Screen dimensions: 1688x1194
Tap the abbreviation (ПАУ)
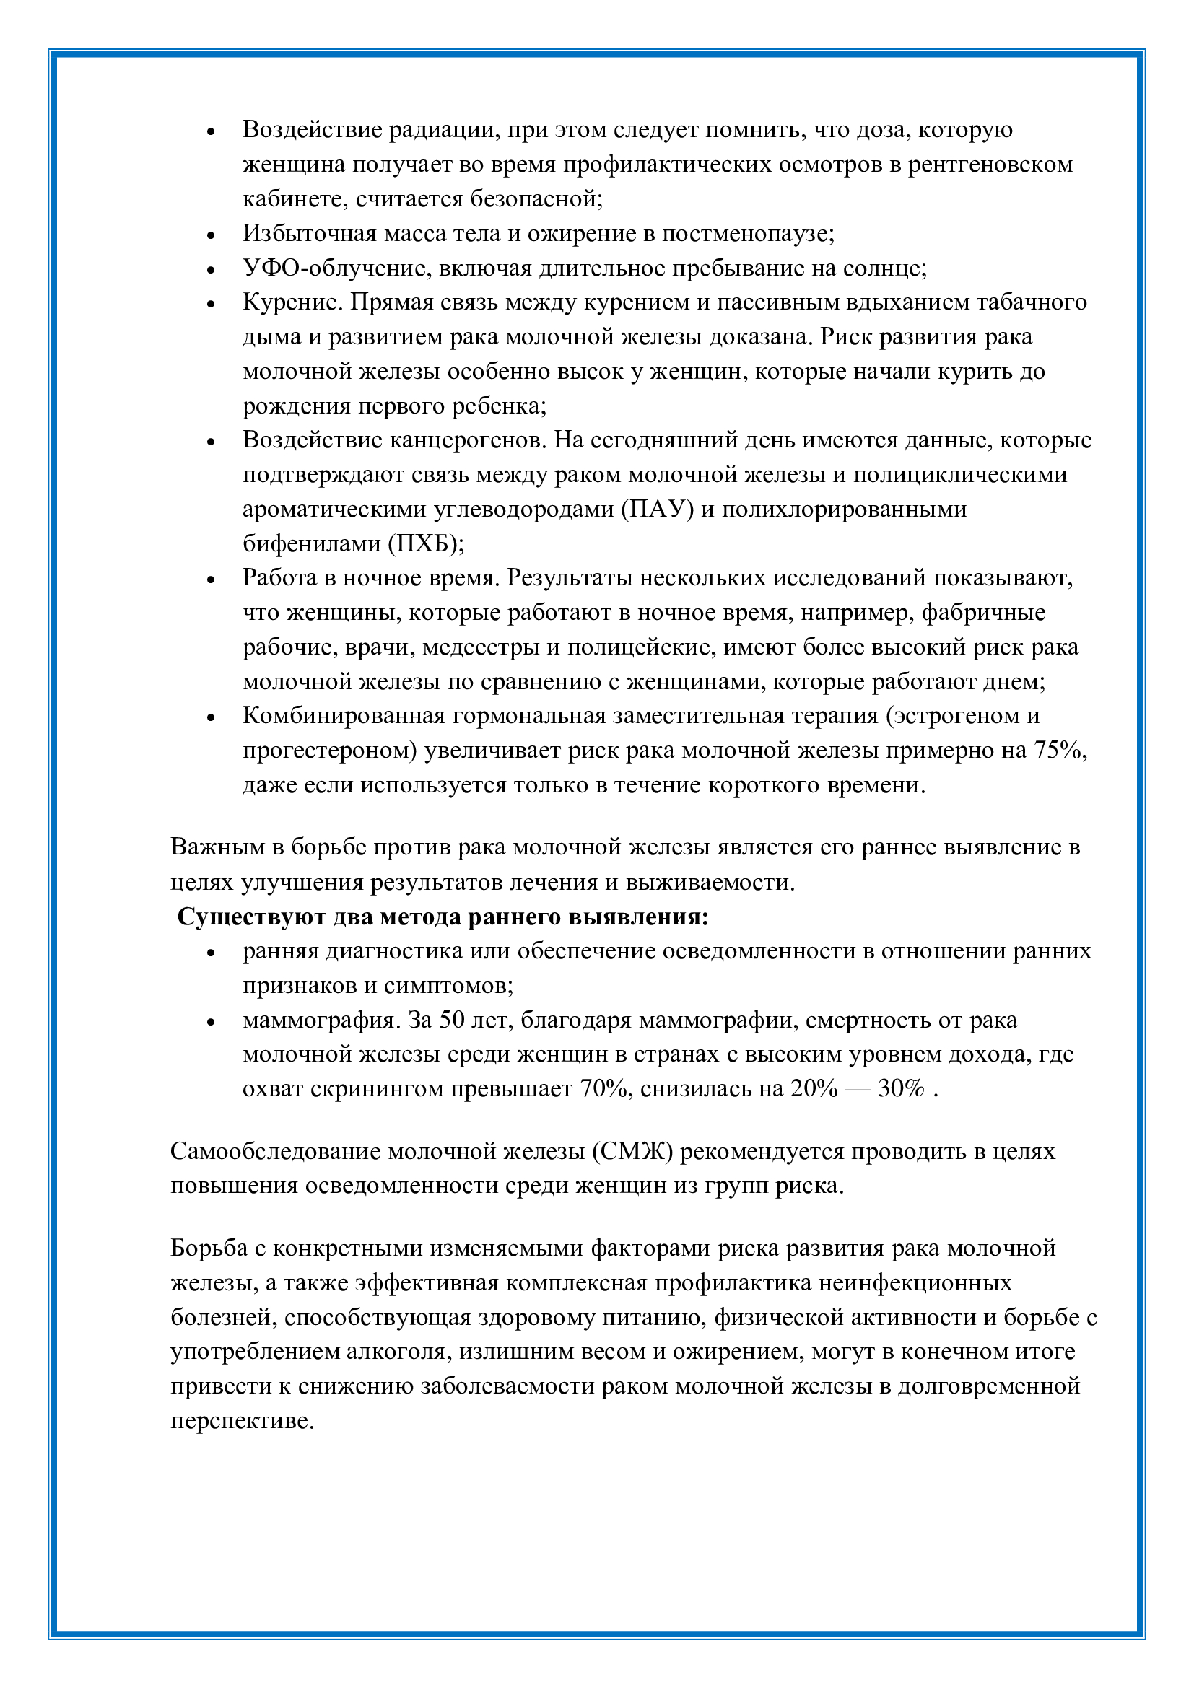[x=658, y=509]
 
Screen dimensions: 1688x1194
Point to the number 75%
[x=1060, y=750]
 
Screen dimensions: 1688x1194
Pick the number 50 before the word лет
[x=454, y=1020]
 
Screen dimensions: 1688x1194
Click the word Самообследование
[x=275, y=1150]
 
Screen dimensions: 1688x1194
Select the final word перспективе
[x=243, y=1420]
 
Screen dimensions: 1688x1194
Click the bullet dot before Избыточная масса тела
[x=211, y=235]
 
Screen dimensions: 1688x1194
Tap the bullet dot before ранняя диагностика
[x=211, y=953]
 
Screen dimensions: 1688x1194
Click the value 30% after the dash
[x=901, y=1088]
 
